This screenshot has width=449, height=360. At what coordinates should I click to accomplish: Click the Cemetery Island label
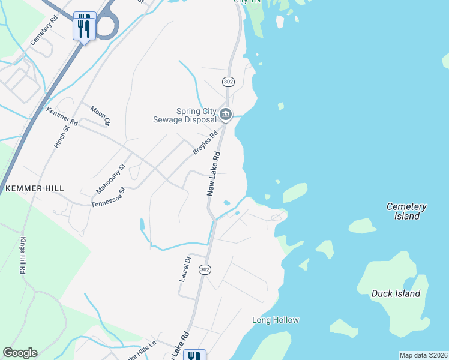406,211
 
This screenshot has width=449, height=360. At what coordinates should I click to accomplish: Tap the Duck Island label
396,293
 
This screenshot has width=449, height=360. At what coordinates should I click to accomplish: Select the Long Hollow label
276,320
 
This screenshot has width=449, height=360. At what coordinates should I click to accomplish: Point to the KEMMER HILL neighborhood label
34,188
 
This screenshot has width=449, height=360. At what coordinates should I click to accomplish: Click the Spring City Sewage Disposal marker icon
225,113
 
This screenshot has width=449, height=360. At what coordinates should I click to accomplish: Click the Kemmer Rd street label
62,116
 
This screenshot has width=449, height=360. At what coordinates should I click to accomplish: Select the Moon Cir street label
100,116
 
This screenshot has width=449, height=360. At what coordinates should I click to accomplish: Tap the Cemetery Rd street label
44,28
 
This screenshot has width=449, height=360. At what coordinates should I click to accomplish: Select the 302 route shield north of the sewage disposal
228,81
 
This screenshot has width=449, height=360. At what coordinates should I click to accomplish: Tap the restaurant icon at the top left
84,25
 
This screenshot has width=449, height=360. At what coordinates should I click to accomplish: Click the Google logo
20,353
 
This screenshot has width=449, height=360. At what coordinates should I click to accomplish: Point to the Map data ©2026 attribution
423,355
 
